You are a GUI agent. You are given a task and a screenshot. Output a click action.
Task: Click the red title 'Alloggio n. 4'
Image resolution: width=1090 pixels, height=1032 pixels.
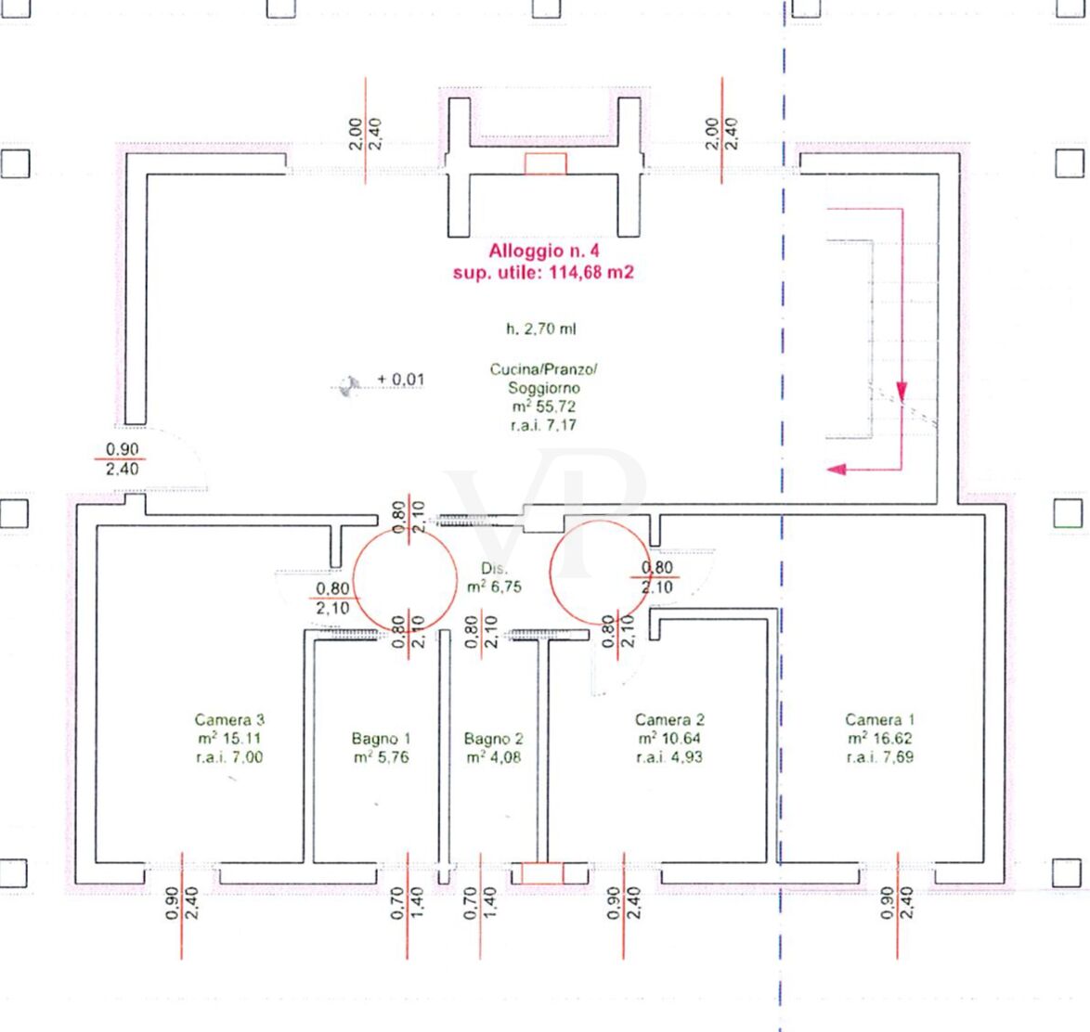[x=544, y=251]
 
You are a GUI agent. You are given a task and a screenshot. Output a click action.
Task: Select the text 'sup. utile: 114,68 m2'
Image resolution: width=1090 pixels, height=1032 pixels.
[x=544, y=273]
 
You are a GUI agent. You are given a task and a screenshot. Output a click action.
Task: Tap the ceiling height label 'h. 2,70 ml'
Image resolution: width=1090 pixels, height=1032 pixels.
[x=541, y=329]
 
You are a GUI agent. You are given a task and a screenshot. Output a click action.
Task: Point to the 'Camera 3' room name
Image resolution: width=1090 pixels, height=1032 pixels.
[x=229, y=719]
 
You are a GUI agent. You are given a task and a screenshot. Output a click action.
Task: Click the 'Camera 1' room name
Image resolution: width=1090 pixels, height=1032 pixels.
[x=880, y=719]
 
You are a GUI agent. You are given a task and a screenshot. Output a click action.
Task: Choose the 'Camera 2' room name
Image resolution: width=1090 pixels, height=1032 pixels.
[x=669, y=719]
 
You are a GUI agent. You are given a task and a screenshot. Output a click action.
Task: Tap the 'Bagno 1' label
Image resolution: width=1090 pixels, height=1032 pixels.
[x=381, y=738]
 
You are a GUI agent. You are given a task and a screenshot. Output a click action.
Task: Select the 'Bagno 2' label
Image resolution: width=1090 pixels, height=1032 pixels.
[x=494, y=738]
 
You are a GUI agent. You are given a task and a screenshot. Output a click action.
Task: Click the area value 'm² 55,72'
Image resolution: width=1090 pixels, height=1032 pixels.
[x=544, y=406]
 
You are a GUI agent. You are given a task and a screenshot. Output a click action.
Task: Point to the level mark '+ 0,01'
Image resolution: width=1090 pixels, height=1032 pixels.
[x=400, y=380]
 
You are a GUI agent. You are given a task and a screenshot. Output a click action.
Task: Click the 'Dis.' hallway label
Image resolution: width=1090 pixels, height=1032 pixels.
[x=494, y=569]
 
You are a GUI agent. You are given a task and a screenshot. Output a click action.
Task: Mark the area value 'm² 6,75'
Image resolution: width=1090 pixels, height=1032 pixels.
[x=494, y=587]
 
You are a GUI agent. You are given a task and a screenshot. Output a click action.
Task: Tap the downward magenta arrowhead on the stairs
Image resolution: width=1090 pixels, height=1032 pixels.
[x=902, y=391]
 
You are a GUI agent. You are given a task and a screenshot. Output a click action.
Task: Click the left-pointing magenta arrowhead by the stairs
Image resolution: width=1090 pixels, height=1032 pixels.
[x=837, y=470]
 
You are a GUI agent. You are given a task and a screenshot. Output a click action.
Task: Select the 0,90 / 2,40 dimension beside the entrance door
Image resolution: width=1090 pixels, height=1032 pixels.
[x=122, y=458]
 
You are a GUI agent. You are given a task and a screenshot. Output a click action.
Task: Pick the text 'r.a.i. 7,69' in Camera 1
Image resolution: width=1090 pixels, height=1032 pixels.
[x=880, y=756]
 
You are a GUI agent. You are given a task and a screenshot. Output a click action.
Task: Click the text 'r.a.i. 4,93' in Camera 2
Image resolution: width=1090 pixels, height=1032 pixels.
[x=669, y=756]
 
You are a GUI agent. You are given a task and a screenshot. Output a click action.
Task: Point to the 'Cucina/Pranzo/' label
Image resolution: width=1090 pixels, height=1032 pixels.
[x=544, y=369]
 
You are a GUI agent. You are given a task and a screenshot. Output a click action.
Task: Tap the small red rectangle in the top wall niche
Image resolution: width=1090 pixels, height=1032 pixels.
[x=546, y=164]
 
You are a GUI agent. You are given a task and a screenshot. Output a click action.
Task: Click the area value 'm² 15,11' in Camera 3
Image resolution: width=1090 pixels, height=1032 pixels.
[x=229, y=738]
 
